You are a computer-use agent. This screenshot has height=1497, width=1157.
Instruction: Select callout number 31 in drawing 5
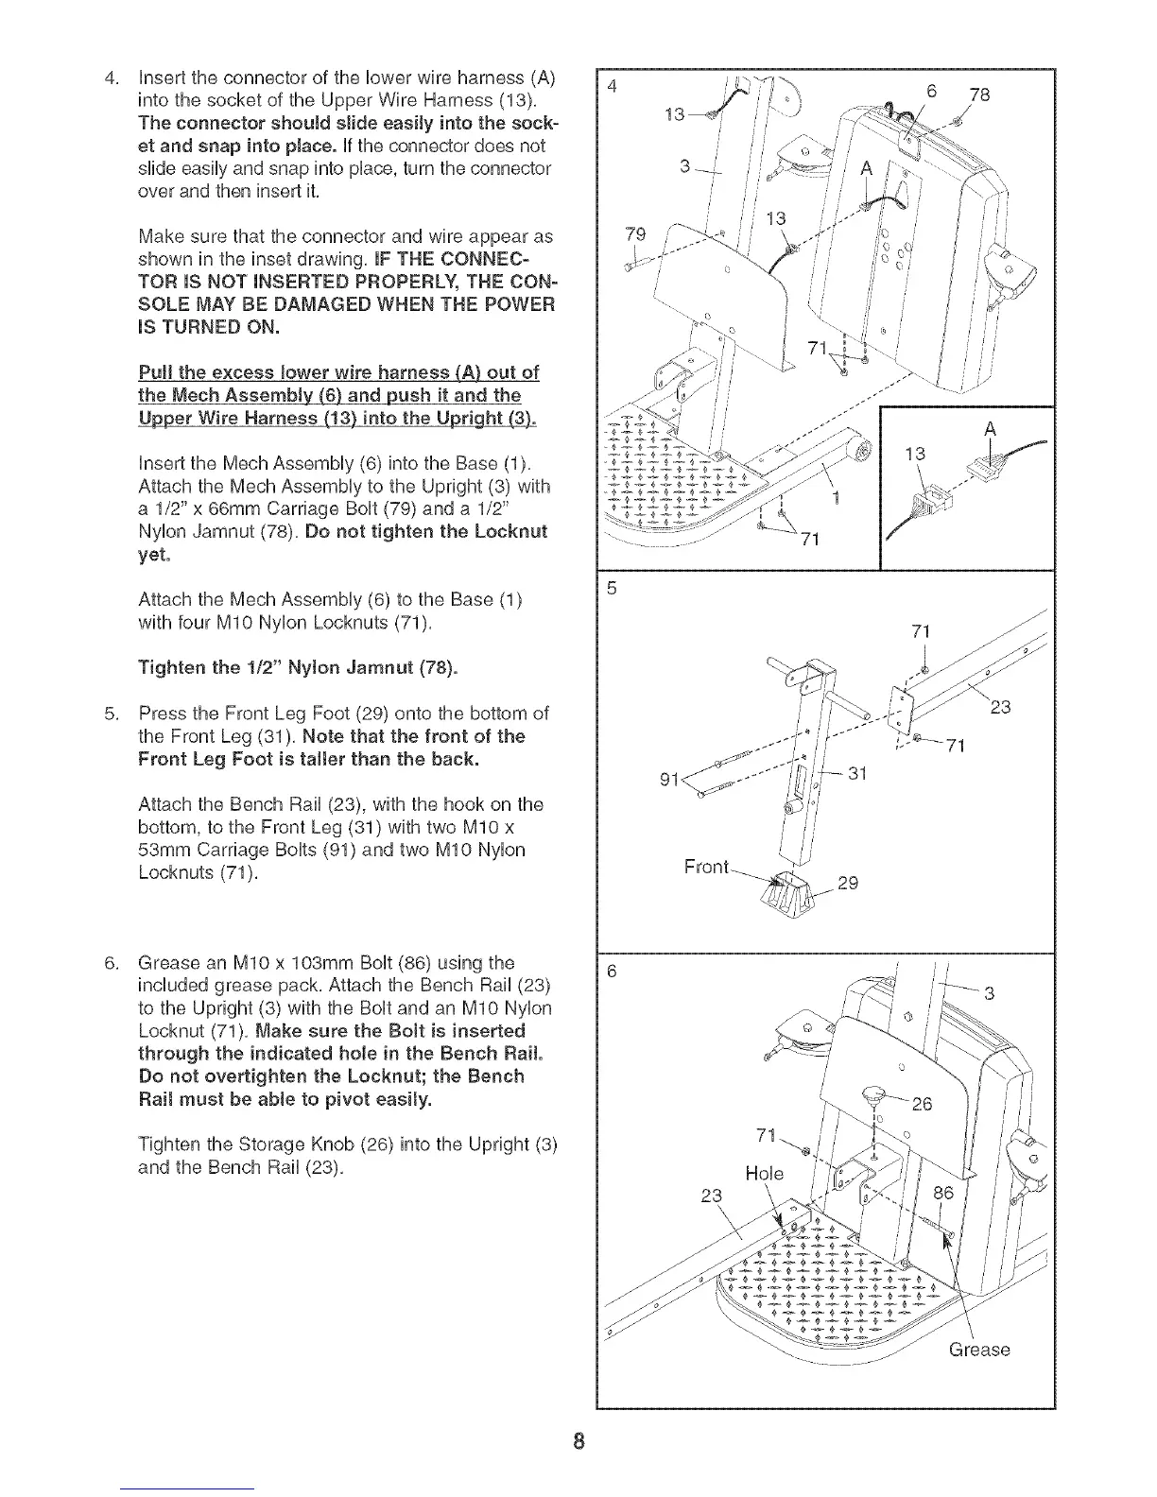pyautogui.click(x=856, y=772)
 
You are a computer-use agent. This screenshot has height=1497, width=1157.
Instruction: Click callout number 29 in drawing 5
pyautogui.click(x=848, y=884)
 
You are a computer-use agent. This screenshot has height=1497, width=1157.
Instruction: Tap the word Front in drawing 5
pyautogui.click(x=707, y=867)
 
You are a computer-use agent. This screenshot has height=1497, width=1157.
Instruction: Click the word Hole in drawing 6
pyautogui.click(x=764, y=1174)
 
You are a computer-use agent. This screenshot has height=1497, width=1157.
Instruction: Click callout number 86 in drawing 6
pyautogui.click(x=943, y=1194)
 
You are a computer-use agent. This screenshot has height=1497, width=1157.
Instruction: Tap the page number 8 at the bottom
pyautogui.click(x=579, y=1441)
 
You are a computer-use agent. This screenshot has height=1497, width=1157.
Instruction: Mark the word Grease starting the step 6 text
pyautogui.click(x=170, y=962)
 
